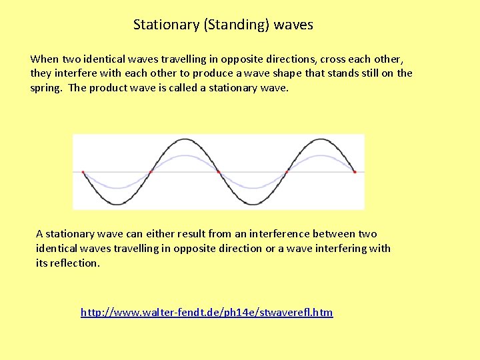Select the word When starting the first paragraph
point(45,59)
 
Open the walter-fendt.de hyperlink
point(207,312)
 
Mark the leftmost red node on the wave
point(83,172)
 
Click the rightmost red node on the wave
point(355,172)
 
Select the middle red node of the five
point(219,172)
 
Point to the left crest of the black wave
point(185,139)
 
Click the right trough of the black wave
point(253,203)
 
